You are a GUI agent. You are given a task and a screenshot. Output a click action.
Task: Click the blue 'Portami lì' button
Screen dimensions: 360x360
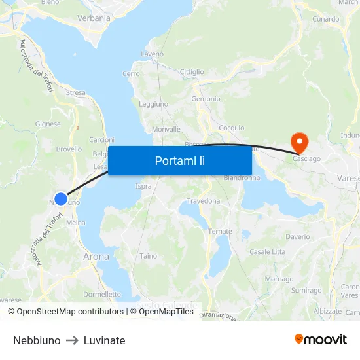179,160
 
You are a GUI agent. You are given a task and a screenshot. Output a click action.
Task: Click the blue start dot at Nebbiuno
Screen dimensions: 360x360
60,198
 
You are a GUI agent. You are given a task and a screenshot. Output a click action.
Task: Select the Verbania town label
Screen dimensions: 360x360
94,18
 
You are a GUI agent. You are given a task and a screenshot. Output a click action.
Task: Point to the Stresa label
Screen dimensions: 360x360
75,93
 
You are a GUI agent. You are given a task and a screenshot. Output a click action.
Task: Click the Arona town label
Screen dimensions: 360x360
96,257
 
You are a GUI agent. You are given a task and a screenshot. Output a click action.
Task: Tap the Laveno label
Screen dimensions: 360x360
152,54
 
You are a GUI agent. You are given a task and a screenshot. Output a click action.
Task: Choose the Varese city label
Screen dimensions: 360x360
348,178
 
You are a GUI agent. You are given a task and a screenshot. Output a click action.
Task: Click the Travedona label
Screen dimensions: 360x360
204,201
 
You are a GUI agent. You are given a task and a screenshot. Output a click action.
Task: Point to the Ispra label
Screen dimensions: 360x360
143,187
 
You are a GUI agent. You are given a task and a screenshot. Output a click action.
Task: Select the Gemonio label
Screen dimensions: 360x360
206,99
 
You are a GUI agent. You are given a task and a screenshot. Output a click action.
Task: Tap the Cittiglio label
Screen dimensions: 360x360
192,72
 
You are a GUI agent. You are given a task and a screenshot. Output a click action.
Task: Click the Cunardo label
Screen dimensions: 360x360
325,20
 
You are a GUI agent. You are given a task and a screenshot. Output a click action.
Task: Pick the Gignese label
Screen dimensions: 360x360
48,124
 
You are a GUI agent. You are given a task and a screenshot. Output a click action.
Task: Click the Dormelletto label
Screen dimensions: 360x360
102,294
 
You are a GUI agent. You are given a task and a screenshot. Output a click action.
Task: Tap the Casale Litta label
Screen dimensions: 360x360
267,252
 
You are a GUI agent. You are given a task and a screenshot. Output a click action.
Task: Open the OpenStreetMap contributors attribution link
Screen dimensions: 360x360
69,312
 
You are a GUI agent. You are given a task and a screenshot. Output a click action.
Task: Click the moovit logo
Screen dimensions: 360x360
320,339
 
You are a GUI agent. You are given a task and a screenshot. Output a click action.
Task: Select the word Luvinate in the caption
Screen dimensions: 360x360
104,340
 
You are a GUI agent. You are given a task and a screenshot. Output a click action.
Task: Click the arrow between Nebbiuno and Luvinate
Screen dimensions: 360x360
72,340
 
